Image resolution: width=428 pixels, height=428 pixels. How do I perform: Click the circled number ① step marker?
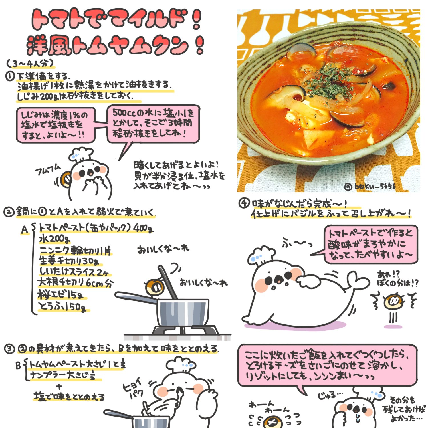pos(10,76)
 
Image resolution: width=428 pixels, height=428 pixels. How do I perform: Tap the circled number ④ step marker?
pos(244,203)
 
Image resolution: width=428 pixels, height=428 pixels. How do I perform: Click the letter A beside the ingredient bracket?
pos(25,230)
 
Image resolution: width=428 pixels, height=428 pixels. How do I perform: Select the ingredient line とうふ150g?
pos(62,307)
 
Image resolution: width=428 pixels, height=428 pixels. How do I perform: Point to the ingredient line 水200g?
pos(54,239)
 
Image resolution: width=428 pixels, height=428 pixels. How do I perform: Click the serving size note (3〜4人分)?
pos(30,63)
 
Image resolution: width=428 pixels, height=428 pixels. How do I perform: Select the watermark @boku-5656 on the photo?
pos(370,186)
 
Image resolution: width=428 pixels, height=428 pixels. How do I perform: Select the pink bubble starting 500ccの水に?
pos(153,124)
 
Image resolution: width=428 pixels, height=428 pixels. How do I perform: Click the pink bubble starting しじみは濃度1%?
pos(55,125)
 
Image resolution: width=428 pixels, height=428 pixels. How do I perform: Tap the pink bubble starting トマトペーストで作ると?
pos(371,244)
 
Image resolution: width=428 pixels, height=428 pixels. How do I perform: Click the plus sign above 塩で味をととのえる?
pos(59,387)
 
